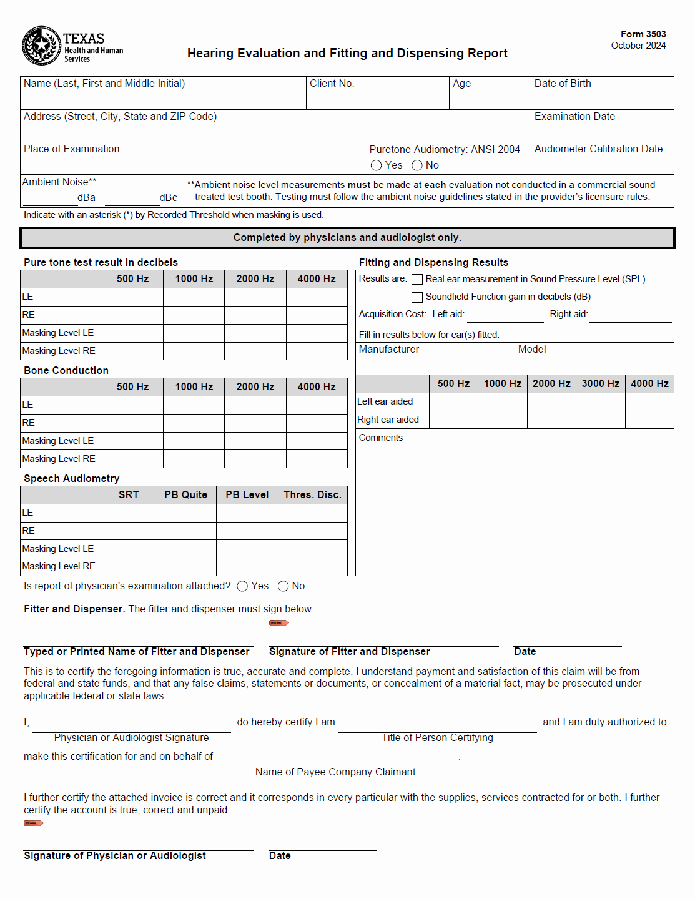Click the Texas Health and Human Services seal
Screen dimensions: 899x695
41,46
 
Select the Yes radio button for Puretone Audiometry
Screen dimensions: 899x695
376,165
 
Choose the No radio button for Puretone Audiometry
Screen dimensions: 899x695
417,165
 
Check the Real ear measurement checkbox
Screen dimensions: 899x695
417,280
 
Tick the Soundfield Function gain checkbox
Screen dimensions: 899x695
417,297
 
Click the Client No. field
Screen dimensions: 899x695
377,97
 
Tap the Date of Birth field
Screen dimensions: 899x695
602,97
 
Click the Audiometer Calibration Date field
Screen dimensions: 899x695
602,163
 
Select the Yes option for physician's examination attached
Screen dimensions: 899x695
242,586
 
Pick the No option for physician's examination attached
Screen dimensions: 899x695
283,586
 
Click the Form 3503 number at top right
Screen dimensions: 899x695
643,34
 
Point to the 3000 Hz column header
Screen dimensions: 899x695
601,384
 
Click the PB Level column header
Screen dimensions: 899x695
247,495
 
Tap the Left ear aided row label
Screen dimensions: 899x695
385,401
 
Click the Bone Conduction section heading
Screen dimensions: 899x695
66,371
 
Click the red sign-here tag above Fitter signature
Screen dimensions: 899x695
278,622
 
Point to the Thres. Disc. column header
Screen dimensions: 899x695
312,495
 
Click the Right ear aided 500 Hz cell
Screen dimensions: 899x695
453,420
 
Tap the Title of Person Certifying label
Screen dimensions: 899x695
437,738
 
